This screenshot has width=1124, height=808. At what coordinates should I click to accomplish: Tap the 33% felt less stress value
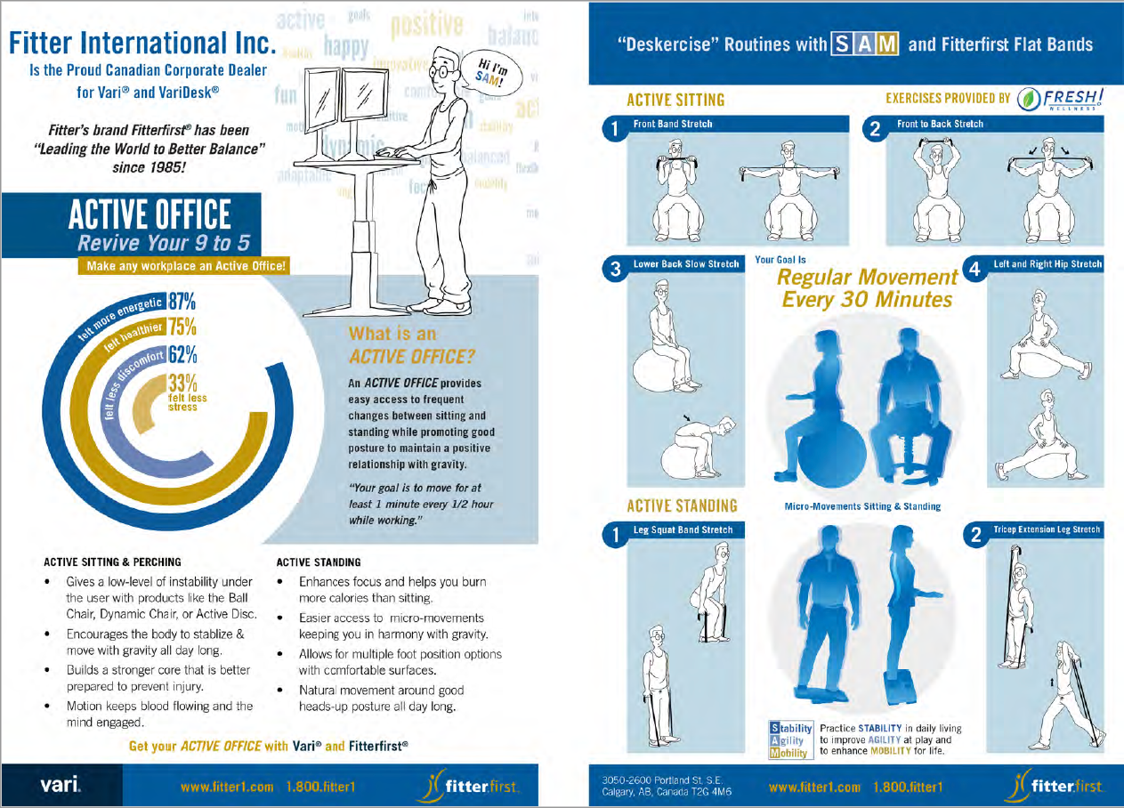point(182,384)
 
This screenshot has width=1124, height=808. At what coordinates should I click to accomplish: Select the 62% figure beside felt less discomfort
point(182,355)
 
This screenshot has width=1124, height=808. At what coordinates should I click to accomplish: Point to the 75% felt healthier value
point(182,327)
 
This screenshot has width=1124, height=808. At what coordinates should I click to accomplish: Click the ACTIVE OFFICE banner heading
point(150,214)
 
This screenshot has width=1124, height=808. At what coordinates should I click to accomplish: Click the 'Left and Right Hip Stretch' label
point(1047,264)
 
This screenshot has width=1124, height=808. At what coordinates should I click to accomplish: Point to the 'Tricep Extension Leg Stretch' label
point(1047,529)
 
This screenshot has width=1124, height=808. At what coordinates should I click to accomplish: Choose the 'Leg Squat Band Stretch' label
point(683,529)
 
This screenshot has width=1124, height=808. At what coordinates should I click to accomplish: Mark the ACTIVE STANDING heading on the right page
point(682,506)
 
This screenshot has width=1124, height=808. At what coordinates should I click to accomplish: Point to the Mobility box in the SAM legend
point(790,753)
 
